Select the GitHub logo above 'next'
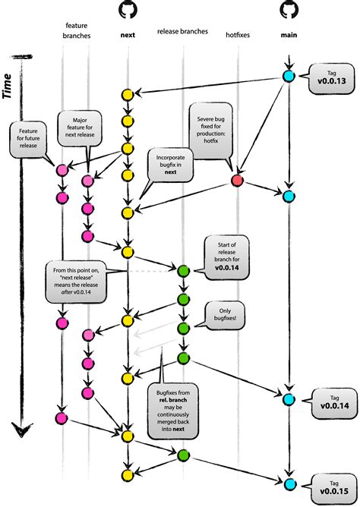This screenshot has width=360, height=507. [x=128, y=9]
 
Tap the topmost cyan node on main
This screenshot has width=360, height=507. [x=289, y=77]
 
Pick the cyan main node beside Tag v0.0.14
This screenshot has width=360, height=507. [x=289, y=399]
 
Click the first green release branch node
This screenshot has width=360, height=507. [x=183, y=270]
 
